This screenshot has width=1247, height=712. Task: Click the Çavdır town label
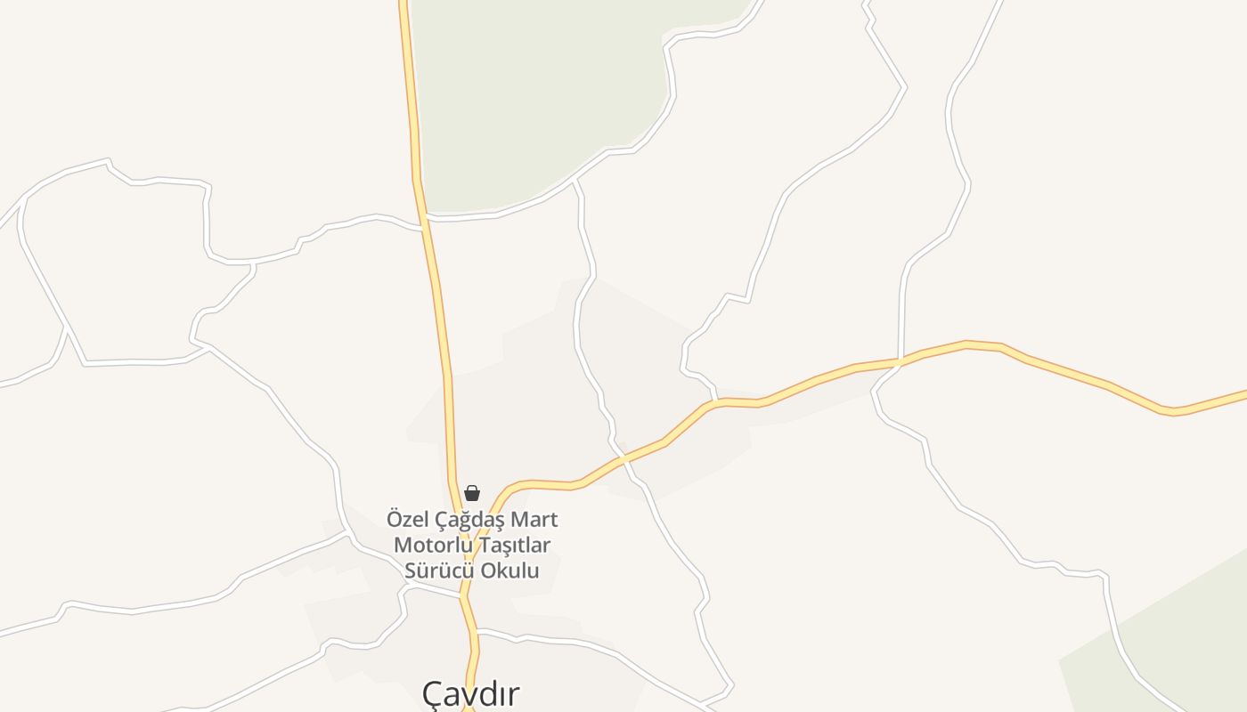pyautogui.click(x=470, y=693)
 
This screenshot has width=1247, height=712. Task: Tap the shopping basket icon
pyautogui.click(x=472, y=493)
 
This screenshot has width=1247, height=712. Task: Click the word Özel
pyautogui.click(x=406, y=519)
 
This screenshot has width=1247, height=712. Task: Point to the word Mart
pyautogui.click(x=536, y=519)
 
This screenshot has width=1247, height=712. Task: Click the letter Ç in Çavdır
pyautogui.click(x=433, y=694)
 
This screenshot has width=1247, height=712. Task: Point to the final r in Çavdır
pyautogui.click(x=514, y=693)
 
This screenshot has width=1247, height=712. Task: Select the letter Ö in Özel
pyautogui.click(x=395, y=518)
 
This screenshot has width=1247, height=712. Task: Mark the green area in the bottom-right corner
pyautogui.click(x=1176, y=641)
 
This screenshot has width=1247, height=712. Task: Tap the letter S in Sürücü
pyautogui.click(x=411, y=570)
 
